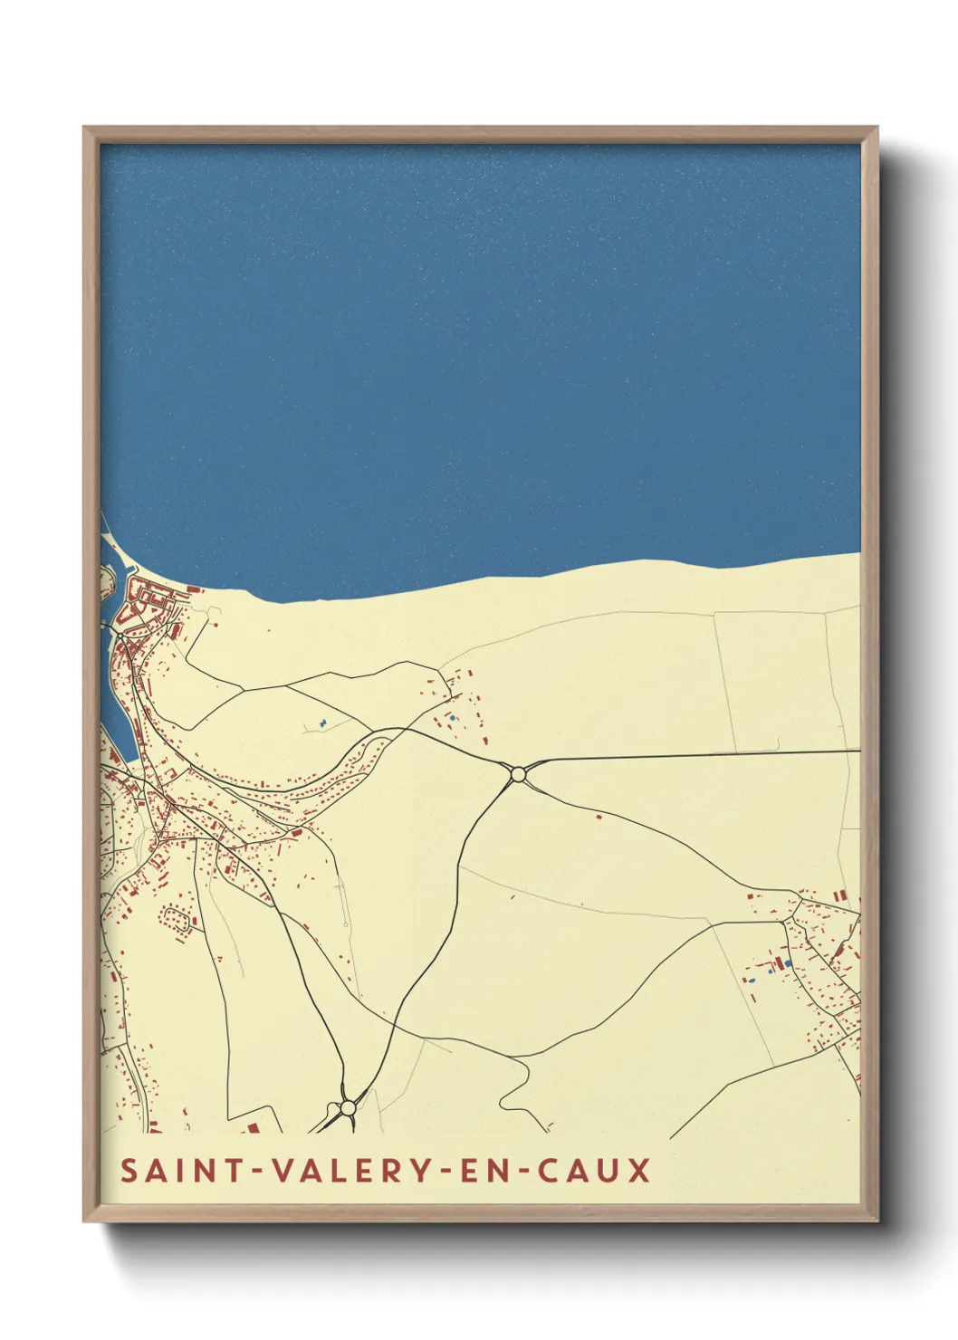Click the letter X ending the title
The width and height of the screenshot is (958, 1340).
640,1170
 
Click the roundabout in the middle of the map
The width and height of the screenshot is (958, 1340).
518,774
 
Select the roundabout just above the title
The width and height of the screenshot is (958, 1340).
348,1107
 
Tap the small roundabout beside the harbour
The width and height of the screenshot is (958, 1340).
120,636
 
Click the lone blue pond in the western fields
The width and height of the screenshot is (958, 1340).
321,723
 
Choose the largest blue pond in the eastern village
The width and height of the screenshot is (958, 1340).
787,962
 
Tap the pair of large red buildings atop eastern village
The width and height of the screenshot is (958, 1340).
840,895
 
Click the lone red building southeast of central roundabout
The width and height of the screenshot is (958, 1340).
599,817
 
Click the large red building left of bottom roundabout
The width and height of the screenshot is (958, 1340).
253,1128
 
